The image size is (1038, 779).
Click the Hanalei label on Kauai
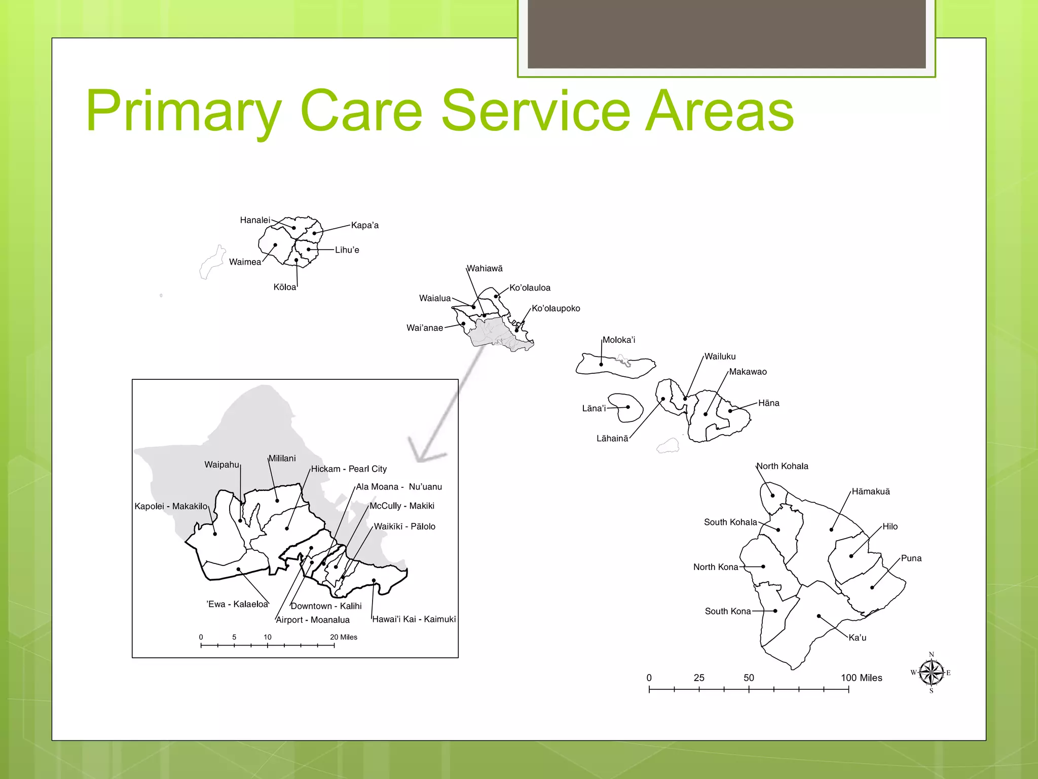tap(255, 220)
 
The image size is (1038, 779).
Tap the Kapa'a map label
tap(364, 225)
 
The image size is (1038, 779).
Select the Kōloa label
tap(284, 287)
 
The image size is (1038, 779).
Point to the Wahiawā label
tap(485, 268)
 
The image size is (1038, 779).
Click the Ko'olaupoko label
tap(555, 308)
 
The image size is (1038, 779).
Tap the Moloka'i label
tap(618, 340)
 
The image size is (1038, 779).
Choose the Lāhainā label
tap(612, 439)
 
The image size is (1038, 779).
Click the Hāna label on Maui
tap(768, 403)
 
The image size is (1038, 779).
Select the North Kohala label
tap(782, 466)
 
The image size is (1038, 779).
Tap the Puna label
tap(911, 558)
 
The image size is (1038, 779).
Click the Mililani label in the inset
tap(282, 458)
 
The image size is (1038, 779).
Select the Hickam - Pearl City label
tap(349, 469)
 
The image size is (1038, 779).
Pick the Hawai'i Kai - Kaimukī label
tap(414, 619)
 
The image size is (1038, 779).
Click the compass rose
tap(931, 673)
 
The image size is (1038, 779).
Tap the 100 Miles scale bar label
tap(861, 678)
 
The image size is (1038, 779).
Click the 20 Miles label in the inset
tap(343, 638)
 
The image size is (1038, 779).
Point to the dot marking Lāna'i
tap(628, 407)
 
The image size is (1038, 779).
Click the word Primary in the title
tap(183, 111)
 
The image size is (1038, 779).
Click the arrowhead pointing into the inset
tap(423, 454)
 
